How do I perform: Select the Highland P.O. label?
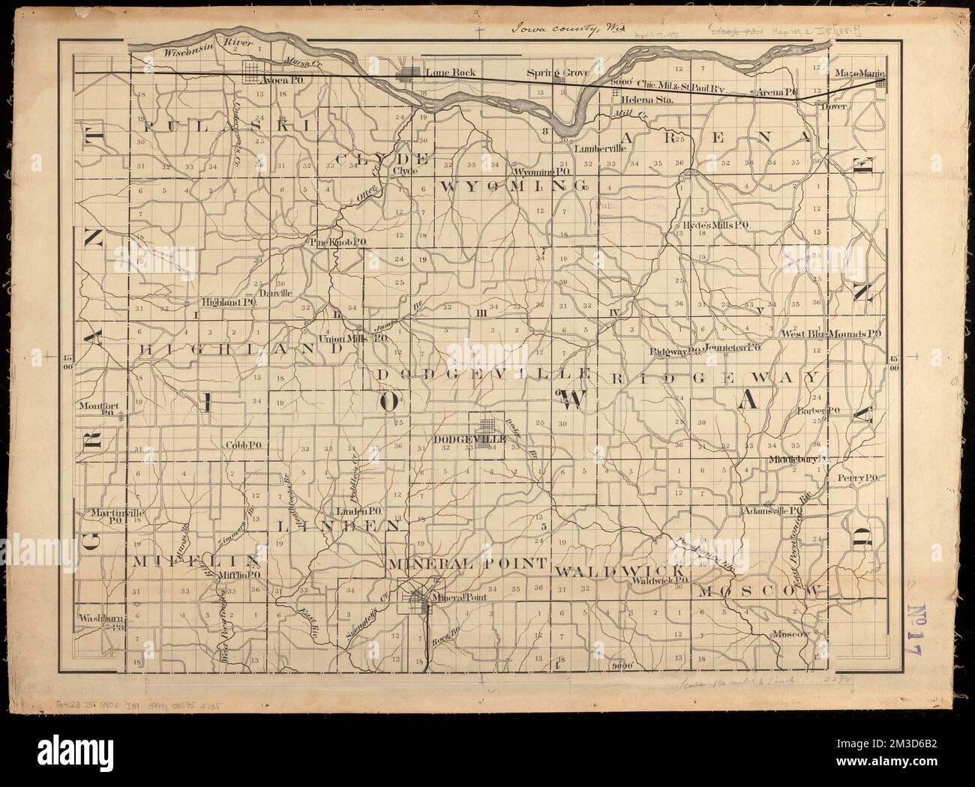228,303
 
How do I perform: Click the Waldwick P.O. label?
661,579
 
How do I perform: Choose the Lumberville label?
599,148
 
